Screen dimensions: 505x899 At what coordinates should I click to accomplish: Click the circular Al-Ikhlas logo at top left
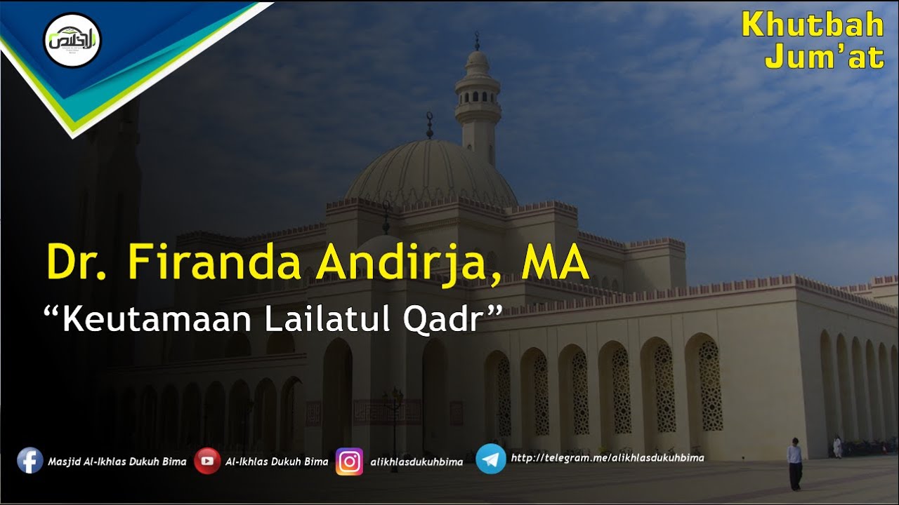point(72,40)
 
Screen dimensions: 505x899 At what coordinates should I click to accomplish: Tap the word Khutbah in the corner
point(813,25)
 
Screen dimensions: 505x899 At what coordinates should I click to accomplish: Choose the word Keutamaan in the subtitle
point(159,320)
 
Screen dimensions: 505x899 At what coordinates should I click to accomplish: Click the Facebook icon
point(30,461)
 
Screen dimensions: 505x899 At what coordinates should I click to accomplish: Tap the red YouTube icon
point(207,461)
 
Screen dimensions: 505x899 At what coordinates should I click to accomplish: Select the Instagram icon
point(349,462)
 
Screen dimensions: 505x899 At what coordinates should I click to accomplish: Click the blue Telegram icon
point(491,459)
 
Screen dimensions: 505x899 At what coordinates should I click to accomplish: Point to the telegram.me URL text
point(607,458)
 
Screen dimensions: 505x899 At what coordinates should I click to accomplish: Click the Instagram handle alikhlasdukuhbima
point(416,462)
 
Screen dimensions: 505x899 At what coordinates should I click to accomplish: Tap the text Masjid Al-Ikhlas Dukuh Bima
point(117,462)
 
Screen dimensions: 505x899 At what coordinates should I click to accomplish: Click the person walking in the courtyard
point(794,464)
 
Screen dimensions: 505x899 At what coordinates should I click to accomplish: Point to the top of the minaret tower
point(478,42)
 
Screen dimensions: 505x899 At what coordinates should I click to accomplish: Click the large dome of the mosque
point(430,173)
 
